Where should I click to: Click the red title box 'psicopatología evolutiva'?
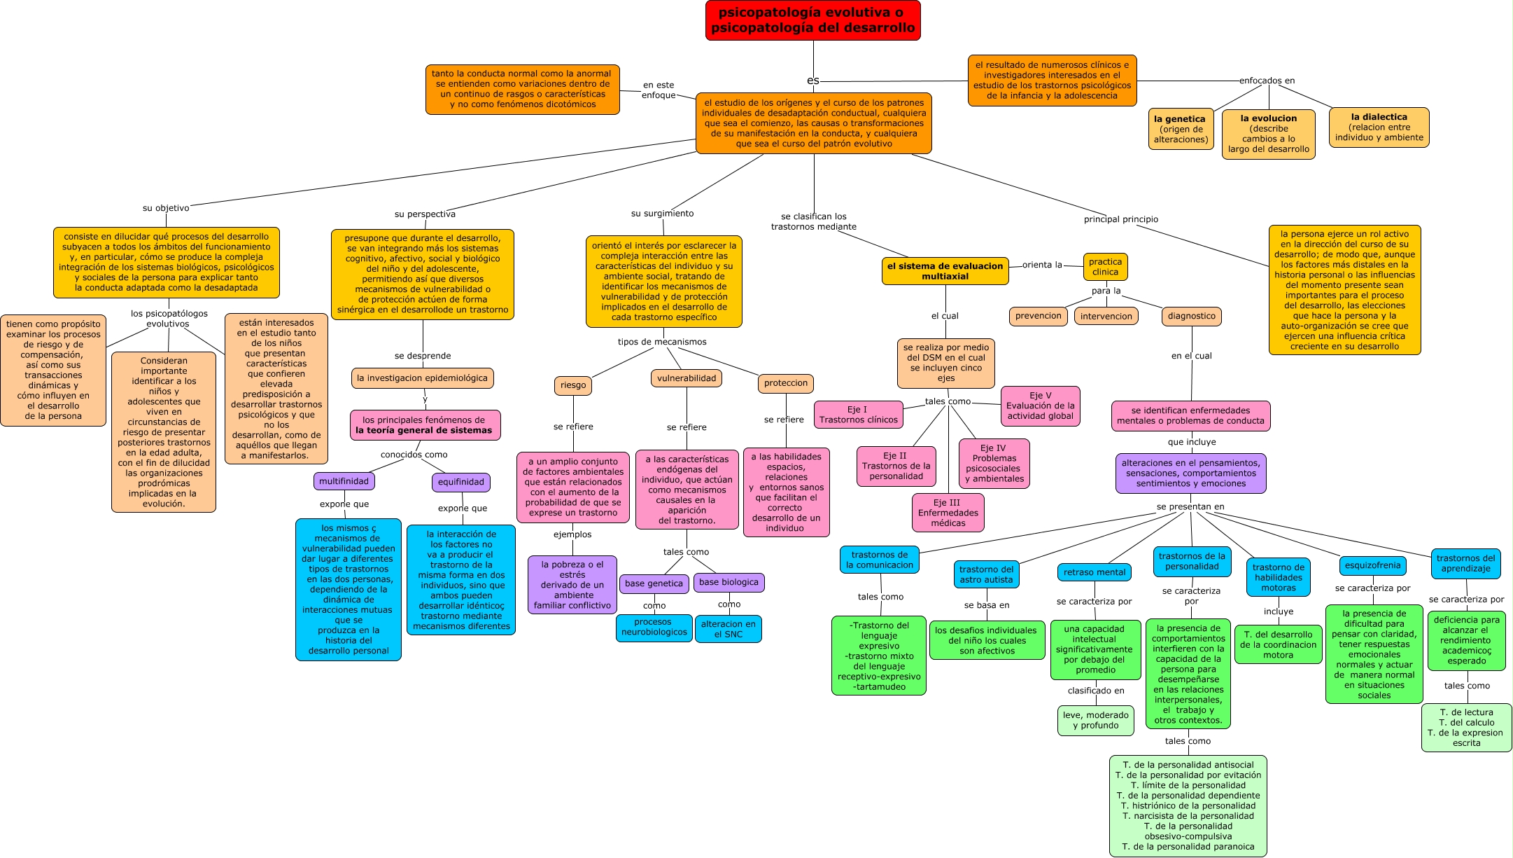click(x=812, y=20)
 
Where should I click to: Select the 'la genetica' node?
click(x=1181, y=129)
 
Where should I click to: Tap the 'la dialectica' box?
click(x=1379, y=127)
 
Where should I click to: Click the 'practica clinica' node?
click(x=1105, y=267)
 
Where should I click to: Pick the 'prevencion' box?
click(x=1038, y=316)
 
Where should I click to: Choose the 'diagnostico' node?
click(x=1191, y=316)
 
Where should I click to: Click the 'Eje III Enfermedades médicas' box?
click(x=948, y=513)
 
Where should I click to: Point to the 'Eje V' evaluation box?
click(x=1040, y=406)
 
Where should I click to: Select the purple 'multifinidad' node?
click(x=344, y=481)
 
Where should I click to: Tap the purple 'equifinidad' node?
click(x=460, y=482)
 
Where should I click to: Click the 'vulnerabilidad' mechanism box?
click(x=686, y=378)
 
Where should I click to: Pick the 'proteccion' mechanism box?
click(x=785, y=383)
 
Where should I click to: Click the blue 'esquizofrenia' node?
click(x=1372, y=565)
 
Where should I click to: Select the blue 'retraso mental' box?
click(x=1095, y=572)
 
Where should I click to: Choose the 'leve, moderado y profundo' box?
click(x=1095, y=720)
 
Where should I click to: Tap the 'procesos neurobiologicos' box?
click(x=654, y=627)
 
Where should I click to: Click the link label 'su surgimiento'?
click(x=662, y=214)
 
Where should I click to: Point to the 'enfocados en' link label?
click(x=1267, y=81)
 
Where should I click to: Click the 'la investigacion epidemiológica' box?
click(x=422, y=378)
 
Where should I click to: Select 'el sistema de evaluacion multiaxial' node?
click(x=945, y=271)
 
